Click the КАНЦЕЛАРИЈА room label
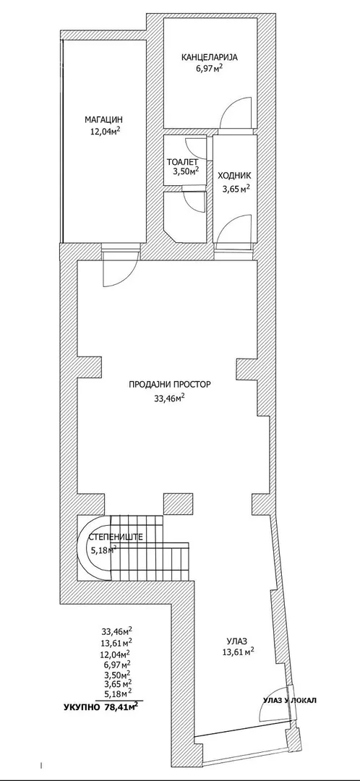click(209, 57)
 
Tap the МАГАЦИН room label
click(103, 119)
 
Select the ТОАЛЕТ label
click(183, 162)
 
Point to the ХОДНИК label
click(234, 175)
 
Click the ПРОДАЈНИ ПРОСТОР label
click(171, 385)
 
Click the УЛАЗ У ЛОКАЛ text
click(290, 700)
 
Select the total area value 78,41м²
click(121, 707)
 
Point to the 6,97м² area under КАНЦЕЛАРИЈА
click(209, 68)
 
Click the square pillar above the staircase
click(175, 504)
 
